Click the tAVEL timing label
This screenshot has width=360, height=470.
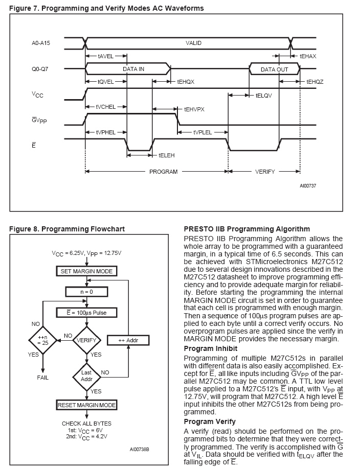(x=105, y=56)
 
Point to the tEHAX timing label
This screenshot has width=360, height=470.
(x=308, y=56)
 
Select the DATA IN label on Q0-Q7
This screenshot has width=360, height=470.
(x=133, y=69)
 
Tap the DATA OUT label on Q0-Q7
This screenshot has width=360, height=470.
(x=275, y=69)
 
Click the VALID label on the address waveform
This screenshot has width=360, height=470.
(x=193, y=43)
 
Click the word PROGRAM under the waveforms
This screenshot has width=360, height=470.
(x=163, y=172)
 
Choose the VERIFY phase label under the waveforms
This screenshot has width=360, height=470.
(x=265, y=172)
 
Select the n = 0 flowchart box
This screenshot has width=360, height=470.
(x=86, y=291)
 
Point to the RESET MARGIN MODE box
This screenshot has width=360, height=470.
(x=87, y=405)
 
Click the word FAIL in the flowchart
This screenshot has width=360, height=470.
(x=43, y=378)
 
